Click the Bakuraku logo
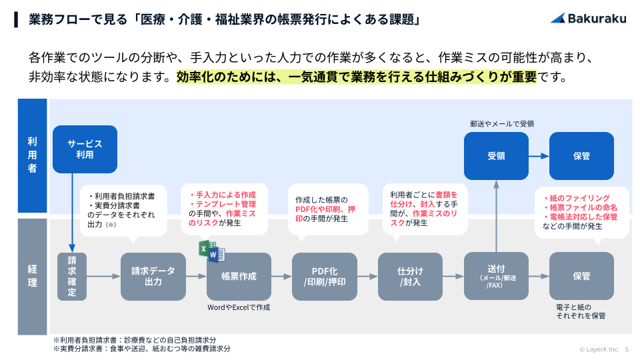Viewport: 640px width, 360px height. coord(587,19)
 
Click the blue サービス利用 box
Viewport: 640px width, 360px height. coord(84,149)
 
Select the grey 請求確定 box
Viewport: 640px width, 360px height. coord(72,276)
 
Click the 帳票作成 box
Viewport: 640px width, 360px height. coord(239,276)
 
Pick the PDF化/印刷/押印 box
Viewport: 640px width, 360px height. coord(325,276)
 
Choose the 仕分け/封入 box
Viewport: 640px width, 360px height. coord(410,276)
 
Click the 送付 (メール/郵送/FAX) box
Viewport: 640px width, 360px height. coord(496,276)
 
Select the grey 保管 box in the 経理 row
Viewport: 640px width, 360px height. coord(581,276)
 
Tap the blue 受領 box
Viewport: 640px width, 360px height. coord(496,156)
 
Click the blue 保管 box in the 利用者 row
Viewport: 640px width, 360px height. coord(581,156)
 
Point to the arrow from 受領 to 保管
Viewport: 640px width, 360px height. coord(539,156)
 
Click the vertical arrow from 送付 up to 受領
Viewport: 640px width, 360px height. coord(496,217)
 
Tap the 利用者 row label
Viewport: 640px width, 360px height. coord(32,155)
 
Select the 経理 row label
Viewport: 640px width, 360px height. coord(32,276)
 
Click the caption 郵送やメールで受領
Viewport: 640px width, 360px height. coord(502,123)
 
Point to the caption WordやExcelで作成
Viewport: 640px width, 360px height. coord(239,308)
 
